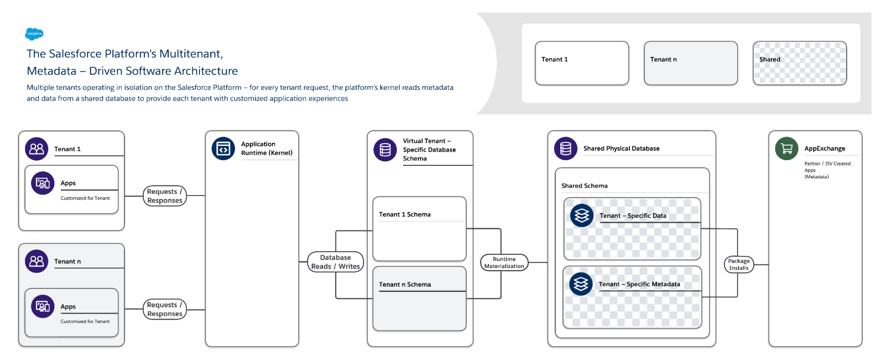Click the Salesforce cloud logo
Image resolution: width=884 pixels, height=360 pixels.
(34, 34)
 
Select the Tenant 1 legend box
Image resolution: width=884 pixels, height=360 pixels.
(582, 63)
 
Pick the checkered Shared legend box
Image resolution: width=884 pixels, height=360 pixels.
(800, 63)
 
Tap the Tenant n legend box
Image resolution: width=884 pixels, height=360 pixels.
(690, 63)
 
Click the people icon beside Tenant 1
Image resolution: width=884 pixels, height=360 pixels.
(36, 149)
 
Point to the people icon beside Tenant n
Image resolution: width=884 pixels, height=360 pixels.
(36, 261)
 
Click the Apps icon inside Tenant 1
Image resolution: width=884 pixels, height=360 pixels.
(42, 183)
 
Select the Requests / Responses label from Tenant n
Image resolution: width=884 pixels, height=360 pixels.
(165, 309)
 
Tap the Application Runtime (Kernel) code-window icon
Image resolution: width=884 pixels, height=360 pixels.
(223, 149)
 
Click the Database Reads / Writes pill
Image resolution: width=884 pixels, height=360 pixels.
(336, 262)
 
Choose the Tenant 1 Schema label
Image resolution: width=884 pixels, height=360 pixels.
(405, 214)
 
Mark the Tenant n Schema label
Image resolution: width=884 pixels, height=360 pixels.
(405, 284)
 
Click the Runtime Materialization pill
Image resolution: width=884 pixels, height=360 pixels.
(504, 262)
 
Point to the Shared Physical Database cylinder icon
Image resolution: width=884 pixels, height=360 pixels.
(566, 149)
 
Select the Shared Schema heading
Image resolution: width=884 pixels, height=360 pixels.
(584, 186)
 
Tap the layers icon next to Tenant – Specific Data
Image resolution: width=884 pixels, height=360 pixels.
(582, 215)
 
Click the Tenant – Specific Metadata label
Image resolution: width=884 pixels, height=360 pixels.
(639, 284)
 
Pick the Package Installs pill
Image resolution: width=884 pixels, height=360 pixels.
(739, 264)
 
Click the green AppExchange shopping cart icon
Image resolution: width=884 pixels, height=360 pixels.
(786, 149)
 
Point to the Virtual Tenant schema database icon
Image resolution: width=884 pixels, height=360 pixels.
(385, 150)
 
